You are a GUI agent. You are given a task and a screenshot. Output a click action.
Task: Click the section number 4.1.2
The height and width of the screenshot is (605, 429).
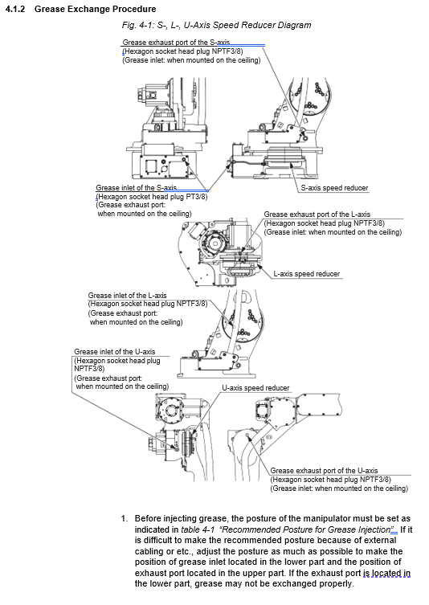click(15, 9)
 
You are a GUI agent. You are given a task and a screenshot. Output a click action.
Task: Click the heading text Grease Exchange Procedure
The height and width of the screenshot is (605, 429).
click(96, 9)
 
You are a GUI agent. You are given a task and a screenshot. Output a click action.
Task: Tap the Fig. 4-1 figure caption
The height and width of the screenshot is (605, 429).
click(216, 26)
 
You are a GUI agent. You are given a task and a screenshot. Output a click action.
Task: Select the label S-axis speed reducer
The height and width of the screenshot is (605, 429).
click(334, 188)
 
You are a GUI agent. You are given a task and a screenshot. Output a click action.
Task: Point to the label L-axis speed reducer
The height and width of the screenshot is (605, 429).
click(307, 274)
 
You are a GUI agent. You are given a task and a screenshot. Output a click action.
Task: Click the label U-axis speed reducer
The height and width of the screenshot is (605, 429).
click(255, 388)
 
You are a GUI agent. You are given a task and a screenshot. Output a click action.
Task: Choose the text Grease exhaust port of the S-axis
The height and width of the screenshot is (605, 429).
click(176, 42)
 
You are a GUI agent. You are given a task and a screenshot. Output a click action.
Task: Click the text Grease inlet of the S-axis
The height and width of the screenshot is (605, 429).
click(137, 188)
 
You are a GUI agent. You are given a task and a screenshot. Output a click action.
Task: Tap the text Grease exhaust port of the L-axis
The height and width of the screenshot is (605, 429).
click(317, 215)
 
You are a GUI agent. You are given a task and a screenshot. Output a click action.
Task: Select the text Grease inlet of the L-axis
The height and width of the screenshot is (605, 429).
click(127, 296)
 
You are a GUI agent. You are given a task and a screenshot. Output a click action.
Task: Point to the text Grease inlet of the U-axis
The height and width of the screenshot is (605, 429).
click(115, 352)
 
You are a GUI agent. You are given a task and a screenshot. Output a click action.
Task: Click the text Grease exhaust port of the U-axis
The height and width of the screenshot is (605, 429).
click(324, 471)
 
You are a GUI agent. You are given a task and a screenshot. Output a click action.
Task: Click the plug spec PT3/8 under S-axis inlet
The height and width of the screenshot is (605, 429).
click(197, 197)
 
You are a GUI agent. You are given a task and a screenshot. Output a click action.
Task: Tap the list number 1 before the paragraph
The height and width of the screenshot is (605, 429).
click(124, 518)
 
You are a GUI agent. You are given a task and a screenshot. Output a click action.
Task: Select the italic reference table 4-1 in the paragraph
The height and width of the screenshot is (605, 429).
click(198, 529)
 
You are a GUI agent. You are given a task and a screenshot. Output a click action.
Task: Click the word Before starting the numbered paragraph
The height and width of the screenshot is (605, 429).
click(148, 518)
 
